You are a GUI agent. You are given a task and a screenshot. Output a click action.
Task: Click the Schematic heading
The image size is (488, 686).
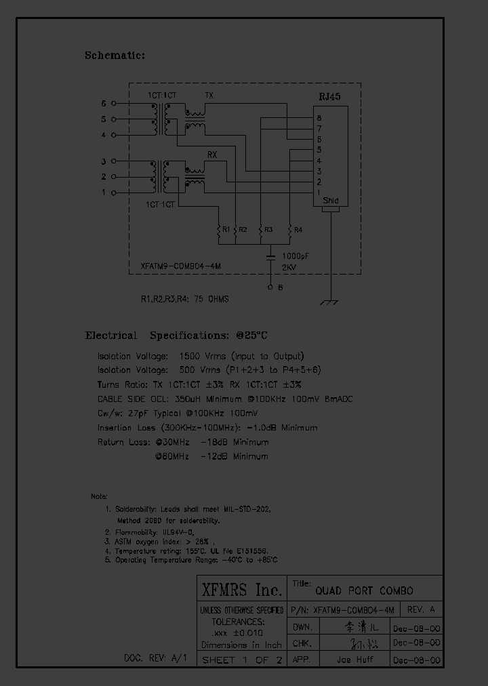click(115, 56)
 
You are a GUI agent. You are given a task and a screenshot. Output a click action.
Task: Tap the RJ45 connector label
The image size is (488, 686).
click(329, 97)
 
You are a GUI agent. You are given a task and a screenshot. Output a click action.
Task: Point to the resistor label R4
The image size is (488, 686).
click(299, 230)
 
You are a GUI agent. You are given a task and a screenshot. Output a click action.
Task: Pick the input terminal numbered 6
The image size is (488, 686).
click(113, 104)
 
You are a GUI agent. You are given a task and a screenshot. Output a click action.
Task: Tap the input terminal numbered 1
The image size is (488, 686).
click(113, 193)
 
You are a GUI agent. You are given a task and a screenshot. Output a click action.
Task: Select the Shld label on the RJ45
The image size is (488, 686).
click(330, 201)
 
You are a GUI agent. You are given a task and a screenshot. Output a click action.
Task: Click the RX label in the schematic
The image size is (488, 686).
click(211, 155)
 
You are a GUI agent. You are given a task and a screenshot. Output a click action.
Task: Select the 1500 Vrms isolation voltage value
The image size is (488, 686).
click(199, 356)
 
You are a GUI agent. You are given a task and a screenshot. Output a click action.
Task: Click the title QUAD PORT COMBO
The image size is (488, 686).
click(363, 590)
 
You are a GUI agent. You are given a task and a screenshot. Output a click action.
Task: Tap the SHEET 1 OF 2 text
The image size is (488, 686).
click(241, 660)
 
